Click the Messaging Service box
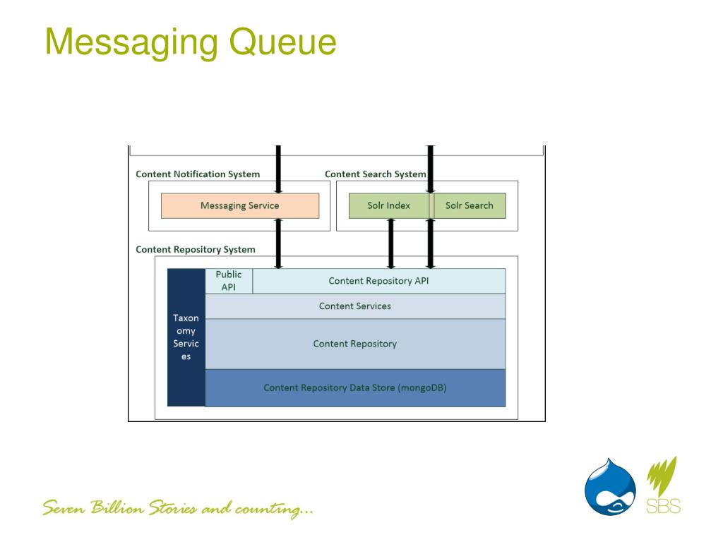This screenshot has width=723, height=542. pyautogui.click(x=240, y=205)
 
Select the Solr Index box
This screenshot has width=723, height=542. pyautogui.click(x=389, y=205)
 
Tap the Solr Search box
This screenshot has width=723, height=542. pyautogui.click(x=470, y=205)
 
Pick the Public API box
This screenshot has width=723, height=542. pyautogui.click(x=229, y=281)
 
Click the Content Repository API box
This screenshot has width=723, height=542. pyautogui.click(x=378, y=281)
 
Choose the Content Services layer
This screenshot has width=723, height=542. pyautogui.click(x=355, y=306)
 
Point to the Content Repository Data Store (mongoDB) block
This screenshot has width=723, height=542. pyautogui.click(x=355, y=387)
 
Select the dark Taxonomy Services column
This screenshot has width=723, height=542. pyautogui.click(x=186, y=337)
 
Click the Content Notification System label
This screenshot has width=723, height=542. pyautogui.click(x=198, y=174)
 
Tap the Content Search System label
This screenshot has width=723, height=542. pyautogui.click(x=376, y=174)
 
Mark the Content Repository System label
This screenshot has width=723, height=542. pyautogui.click(x=196, y=249)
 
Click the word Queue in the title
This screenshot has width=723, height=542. pyautogui.click(x=282, y=42)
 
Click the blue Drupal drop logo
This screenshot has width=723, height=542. pyautogui.click(x=610, y=487)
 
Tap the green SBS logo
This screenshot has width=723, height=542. pyautogui.click(x=663, y=486)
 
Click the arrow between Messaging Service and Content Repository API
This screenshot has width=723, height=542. pyautogui.click(x=278, y=243)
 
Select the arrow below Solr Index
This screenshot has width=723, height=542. pyautogui.click(x=391, y=243)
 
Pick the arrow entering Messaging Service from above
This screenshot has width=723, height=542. pyautogui.click(x=278, y=169)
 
